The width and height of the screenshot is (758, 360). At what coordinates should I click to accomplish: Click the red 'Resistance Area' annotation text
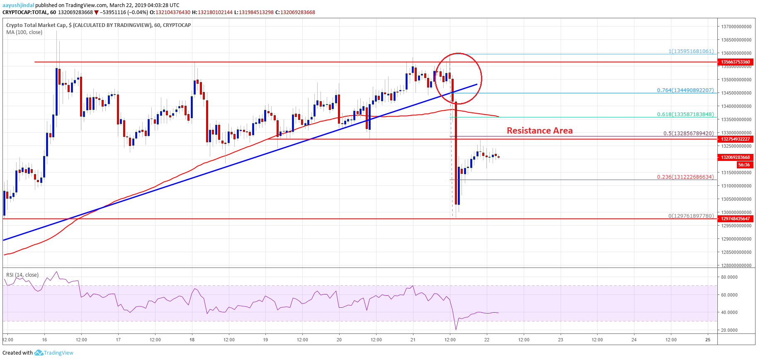click(x=539, y=131)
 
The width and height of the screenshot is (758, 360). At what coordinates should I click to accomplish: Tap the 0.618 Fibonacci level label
click(x=685, y=114)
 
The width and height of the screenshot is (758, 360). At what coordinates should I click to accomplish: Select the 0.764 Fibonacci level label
click(x=685, y=90)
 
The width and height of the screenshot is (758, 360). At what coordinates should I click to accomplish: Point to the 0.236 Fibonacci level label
click(x=685, y=177)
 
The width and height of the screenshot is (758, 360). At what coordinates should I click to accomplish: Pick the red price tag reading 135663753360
click(x=735, y=62)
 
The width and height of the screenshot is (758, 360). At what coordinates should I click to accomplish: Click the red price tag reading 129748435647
click(x=735, y=219)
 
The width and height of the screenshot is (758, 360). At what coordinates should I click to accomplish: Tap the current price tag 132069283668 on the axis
click(x=735, y=157)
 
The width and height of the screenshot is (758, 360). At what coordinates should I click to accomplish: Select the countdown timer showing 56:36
click(x=744, y=165)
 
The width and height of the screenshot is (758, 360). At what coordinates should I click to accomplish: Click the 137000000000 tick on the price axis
click(x=736, y=27)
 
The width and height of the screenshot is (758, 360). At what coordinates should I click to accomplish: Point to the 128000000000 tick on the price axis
click(x=736, y=265)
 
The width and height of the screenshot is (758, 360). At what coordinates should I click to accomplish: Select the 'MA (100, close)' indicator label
click(x=24, y=32)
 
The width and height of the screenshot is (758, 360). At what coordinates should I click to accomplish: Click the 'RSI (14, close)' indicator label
click(x=22, y=275)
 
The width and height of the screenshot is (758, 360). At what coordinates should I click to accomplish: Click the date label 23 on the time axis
click(x=560, y=340)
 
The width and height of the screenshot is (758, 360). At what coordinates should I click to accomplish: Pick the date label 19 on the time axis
click(x=265, y=340)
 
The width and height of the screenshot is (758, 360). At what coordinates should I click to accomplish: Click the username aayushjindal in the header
click(x=18, y=5)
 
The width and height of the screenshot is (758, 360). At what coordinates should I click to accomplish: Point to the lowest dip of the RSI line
click(x=456, y=330)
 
